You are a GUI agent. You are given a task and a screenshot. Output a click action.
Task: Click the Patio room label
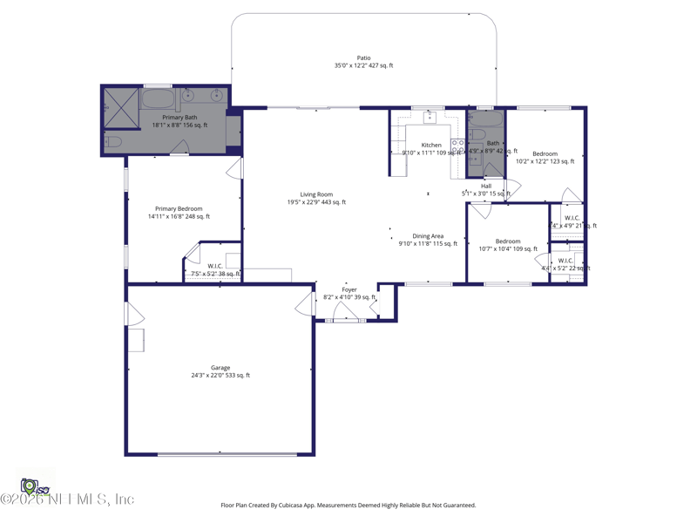tap(363, 58)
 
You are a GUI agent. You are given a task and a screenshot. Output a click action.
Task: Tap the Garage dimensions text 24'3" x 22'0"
tap(220, 376)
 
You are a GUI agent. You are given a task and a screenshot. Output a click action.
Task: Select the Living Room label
tap(316, 194)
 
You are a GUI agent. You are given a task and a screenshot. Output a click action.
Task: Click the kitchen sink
tap(430, 117)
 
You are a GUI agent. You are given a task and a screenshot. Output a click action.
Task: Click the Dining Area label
tap(428, 236)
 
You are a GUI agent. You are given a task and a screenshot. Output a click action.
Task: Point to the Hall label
tap(486, 186)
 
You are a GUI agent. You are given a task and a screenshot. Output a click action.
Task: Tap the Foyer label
tap(348, 290)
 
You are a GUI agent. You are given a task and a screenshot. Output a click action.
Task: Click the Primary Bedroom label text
tap(179, 209)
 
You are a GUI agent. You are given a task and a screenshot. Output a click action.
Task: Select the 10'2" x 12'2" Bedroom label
tap(545, 154)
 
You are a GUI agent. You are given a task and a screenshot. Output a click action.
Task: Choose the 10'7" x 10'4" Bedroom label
tap(508, 241)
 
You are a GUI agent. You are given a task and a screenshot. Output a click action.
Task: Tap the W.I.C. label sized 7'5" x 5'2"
tap(215, 267)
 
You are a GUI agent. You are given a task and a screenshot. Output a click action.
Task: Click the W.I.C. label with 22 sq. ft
tap(565, 261)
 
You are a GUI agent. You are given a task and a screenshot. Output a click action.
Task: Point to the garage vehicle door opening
tap(220, 454)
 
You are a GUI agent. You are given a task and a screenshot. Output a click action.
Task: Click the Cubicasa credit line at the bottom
tap(348, 505)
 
